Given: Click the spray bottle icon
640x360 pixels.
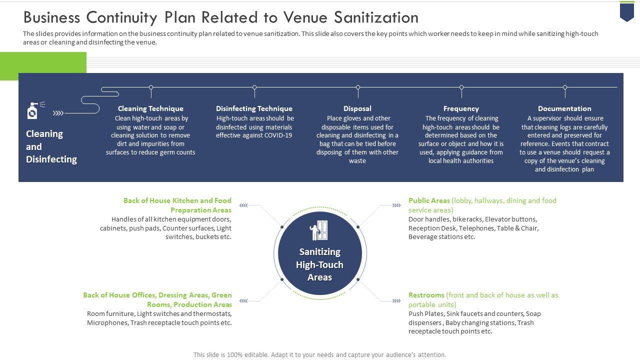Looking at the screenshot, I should [x=33, y=110].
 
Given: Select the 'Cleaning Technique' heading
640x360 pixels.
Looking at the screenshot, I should [x=150, y=108].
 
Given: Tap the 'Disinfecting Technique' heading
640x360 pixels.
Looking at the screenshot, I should [x=254, y=108].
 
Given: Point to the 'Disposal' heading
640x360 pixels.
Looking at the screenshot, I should [x=357, y=108].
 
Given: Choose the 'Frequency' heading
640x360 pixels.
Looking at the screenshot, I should [x=461, y=108].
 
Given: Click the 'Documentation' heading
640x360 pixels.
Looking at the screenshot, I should [x=564, y=108].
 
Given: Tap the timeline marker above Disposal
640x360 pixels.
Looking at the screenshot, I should [x=358, y=87].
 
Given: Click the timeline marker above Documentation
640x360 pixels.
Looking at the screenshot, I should [x=565, y=87].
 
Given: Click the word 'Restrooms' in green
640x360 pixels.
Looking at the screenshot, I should [x=426, y=295].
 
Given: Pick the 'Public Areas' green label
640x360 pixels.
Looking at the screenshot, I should [x=429, y=200].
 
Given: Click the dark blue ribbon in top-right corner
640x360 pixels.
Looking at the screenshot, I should [x=627, y=11].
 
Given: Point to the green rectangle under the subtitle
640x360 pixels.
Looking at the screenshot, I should [x=43, y=66].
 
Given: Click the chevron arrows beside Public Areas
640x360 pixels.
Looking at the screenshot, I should [x=396, y=205].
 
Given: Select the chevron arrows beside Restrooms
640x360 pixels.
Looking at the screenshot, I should [x=396, y=300].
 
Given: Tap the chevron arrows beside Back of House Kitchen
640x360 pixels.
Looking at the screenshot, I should [x=243, y=205].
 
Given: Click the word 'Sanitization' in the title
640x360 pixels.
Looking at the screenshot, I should [x=369, y=17].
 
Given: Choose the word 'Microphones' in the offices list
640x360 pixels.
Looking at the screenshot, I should [x=107, y=322].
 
